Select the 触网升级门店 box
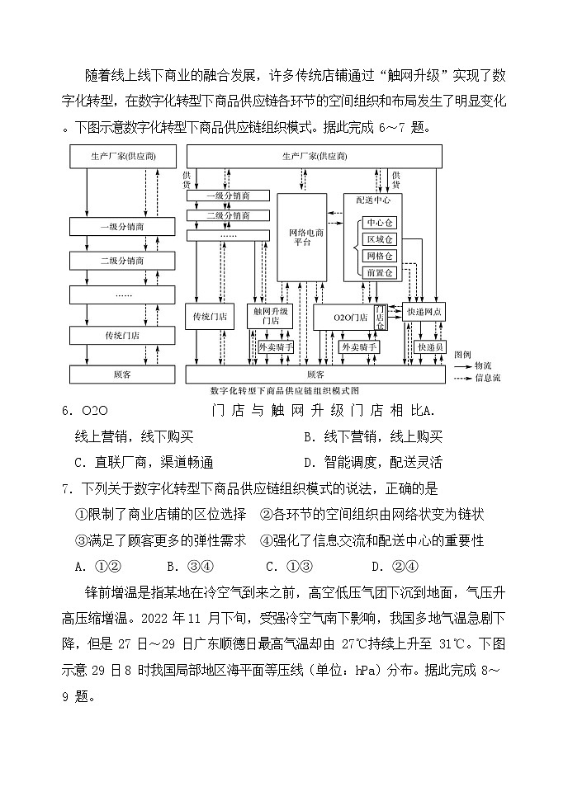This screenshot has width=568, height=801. click(x=271, y=316)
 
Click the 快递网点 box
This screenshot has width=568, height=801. click(x=425, y=312)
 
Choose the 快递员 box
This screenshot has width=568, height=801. click(x=431, y=348)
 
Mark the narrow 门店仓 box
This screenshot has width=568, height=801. click(x=381, y=317)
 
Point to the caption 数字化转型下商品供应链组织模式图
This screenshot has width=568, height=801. click(x=285, y=390)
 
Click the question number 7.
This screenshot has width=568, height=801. click(x=65, y=488)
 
